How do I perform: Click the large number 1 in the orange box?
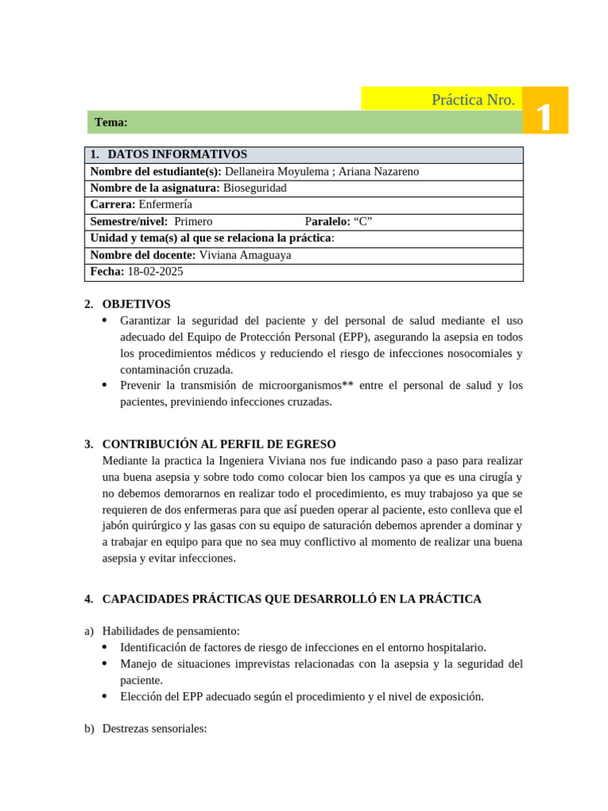point(544,117)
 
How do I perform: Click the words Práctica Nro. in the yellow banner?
point(473,100)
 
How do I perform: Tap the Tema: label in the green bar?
point(111,122)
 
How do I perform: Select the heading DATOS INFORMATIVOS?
point(177,154)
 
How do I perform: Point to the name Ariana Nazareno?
point(378,171)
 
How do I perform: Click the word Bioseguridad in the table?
point(255,188)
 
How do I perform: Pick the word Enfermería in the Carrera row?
point(165,204)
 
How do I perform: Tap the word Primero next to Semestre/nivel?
point(193,221)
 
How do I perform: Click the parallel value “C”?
point(363,221)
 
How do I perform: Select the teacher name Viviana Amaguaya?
point(245,255)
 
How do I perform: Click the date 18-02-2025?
point(155,272)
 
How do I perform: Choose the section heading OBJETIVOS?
point(136,304)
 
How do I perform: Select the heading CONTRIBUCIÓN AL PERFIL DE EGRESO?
point(219,444)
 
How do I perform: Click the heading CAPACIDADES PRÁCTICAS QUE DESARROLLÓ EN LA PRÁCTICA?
point(291,599)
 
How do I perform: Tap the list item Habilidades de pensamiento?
point(171,631)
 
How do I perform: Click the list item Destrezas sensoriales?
point(154,729)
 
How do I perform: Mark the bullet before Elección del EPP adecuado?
point(106,696)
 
